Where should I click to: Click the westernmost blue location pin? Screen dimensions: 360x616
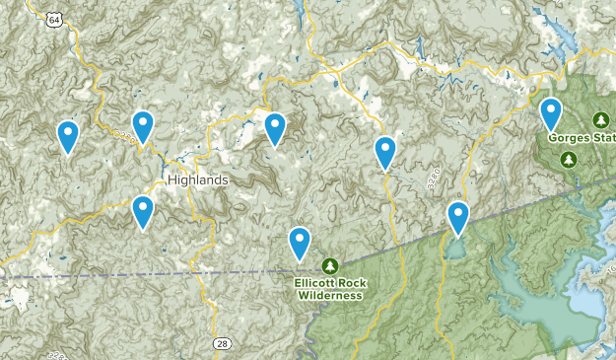pos(67,136)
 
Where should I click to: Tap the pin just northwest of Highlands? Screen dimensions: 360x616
pos(143,126)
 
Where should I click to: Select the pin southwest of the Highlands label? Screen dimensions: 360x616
pos(143,211)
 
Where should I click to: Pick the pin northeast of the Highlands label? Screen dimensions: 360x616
pos(275,128)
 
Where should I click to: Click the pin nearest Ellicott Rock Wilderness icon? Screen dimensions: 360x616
pos(299,242)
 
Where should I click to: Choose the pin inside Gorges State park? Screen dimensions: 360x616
pos(551,114)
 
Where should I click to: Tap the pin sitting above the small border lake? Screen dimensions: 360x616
pos(457,217)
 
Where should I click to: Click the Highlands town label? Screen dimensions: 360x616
pos(197,180)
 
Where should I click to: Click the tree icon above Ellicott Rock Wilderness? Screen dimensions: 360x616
pos(330,265)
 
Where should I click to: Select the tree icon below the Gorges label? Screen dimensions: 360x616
pos(570,155)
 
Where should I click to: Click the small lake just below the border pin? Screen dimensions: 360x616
pos(454,248)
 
